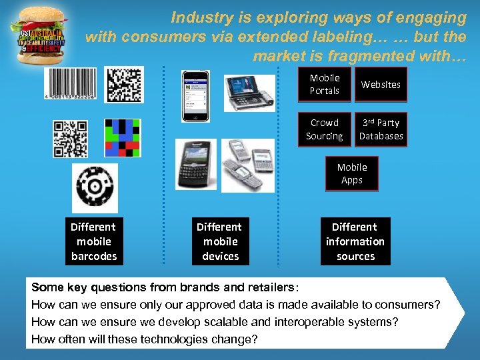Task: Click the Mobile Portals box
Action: tap(325, 85)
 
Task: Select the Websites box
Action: tap(381, 85)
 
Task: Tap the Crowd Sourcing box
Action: tap(325, 129)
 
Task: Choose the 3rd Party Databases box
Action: tap(381, 129)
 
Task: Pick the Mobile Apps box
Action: tap(351, 174)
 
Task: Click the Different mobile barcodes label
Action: tap(93, 241)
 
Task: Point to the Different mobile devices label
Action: tap(220, 241)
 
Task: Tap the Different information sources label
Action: tap(355, 241)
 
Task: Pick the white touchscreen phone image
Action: tap(195, 95)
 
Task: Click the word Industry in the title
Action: tap(199, 17)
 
